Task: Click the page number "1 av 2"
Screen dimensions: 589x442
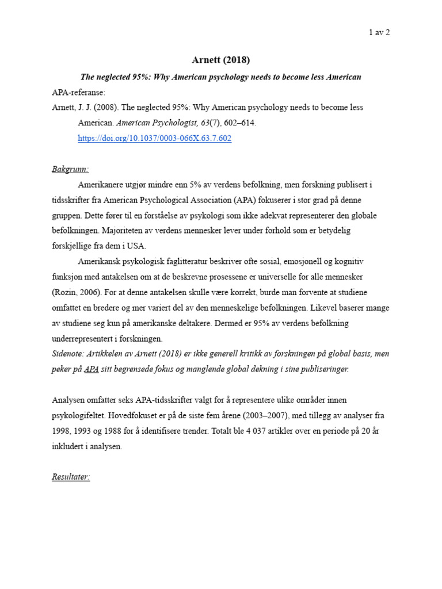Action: pyautogui.click(x=379, y=32)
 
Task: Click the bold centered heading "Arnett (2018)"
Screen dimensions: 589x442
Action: pyautogui.click(x=220, y=60)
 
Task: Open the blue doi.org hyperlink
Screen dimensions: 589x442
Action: pyautogui.click(x=154, y=139)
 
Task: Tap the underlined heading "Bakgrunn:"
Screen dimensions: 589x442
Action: pyautogui.click(x=70, y=169)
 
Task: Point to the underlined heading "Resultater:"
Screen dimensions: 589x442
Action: pyautogui.click(x=70, y=477)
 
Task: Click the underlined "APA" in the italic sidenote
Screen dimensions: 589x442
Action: pyautogui.click(x=91, y=369)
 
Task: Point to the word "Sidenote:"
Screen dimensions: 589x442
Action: pyautogui.click(x=69, y=354)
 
